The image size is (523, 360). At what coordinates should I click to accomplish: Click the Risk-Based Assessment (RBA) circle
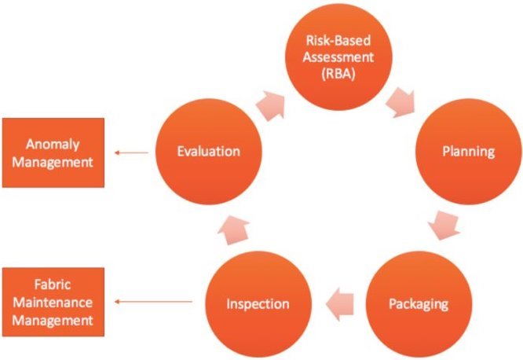(x=338, y=57)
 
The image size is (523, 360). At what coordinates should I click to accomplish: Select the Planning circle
(x=468, y=152)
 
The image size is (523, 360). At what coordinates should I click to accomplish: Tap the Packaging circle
(x=419, y=304)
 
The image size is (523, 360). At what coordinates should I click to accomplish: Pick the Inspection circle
(x=258, y=304)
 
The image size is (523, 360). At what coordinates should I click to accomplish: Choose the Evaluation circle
(x=209, y=152)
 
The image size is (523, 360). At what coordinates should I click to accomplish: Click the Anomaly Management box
(x=53, y=152)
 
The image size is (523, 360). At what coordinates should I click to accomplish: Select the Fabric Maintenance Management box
(x=53, y=302)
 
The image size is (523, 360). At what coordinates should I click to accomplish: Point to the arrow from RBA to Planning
(x=400, y=103)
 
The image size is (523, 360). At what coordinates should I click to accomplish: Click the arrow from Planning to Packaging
(x=444, y=225)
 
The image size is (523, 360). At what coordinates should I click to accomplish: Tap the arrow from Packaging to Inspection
(x=339, y=304)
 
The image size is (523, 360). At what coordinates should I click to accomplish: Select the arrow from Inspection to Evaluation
(x=234, y=230)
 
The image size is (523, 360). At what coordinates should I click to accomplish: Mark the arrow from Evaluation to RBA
(x=271, y=105)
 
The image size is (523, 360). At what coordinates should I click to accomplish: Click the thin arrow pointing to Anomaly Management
(x=131, y=153)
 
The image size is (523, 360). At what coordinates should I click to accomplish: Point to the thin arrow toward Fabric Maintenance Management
(x=153, y=302)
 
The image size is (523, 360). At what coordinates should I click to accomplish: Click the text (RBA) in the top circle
(x=338, y=74)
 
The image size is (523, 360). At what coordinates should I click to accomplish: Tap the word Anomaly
(x=53, y=145)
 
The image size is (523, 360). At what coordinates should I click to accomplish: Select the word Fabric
(x=53, y=285)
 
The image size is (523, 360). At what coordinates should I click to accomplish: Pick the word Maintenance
(x=53, y=303)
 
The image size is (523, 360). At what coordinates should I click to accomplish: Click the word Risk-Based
(x=338, y=40)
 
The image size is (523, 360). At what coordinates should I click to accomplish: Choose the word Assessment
(x=338, y=57)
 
